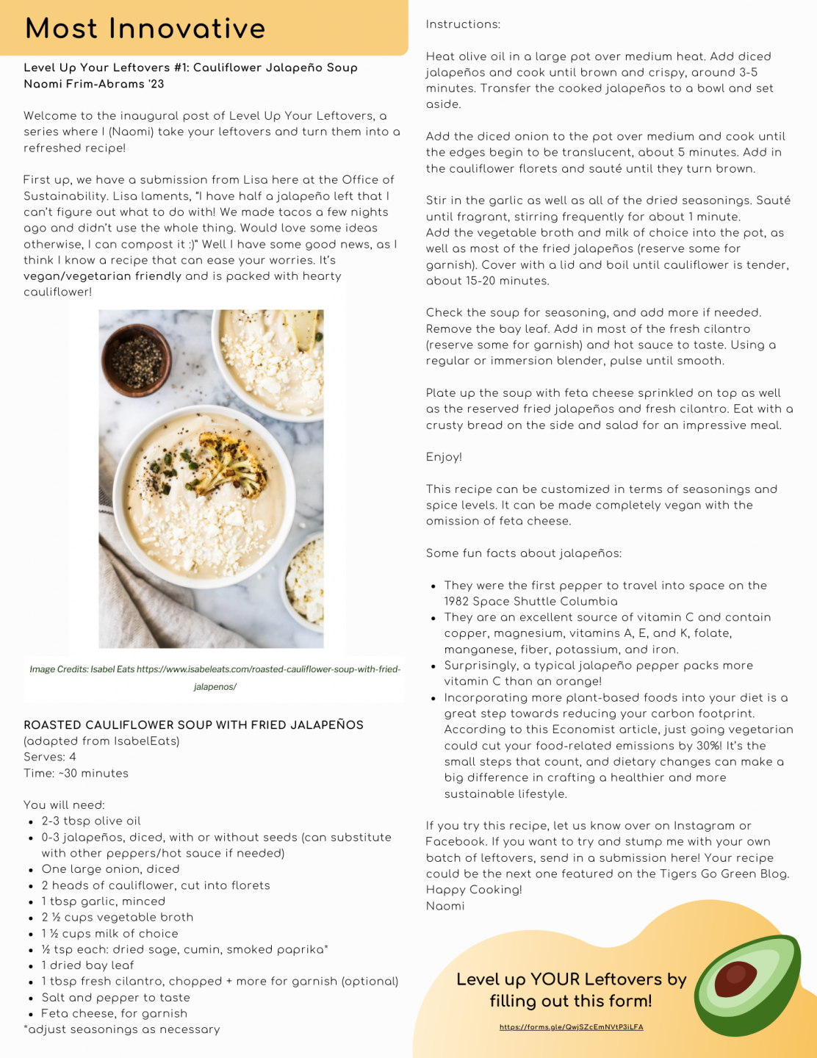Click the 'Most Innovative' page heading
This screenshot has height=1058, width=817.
click(145, 29)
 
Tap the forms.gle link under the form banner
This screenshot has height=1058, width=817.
click(571, 1027)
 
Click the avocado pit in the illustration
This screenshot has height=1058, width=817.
click(735, 979)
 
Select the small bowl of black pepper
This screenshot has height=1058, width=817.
click(136, 360)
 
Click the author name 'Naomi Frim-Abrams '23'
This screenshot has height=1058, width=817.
click(94, 84)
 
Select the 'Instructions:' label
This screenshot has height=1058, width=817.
click(463, 24)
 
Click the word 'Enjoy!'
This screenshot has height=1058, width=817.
click(444, 457)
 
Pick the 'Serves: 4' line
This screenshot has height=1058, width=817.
click(50, 757)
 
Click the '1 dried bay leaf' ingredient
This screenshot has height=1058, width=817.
click(87, 965)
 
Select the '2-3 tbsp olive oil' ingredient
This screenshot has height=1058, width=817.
click(91, 821)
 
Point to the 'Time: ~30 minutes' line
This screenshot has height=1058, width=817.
click(76, 773)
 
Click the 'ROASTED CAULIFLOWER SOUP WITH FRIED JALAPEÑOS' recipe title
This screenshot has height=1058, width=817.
click(193, 725)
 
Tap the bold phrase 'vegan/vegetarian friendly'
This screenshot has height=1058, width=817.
click(102, 276)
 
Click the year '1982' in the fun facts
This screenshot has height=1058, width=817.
click(456, 602)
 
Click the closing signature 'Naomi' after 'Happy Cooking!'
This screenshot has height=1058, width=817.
click(445, 906)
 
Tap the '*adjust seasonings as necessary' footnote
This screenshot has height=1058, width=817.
click(122, 1029)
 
